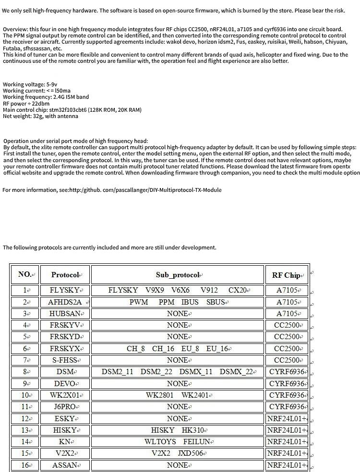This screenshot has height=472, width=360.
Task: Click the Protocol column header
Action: tap(65, 275)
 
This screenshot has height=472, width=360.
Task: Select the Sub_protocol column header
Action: tap(178, 275)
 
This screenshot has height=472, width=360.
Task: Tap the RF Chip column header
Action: tap(286, 275)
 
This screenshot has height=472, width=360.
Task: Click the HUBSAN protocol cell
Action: tap(65, 314)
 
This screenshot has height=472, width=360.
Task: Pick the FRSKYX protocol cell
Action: tap(65, 349)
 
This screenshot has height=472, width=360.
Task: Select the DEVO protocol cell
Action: tap(65, 384)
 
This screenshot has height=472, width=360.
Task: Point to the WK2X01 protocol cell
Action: tap(65, 395)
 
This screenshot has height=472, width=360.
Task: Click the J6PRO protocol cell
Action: tap(65, 407)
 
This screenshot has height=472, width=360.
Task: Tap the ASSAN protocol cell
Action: tap(65, 465)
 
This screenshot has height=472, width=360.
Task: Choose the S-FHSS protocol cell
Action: tap(65, 360)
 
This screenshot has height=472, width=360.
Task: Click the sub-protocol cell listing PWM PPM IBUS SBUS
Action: tap(178, 302)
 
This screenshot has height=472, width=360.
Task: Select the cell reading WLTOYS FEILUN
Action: tap(178, 442)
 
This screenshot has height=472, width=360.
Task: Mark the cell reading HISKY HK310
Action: tap(178, 430)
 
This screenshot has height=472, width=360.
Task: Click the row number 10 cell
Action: tap(25, 395)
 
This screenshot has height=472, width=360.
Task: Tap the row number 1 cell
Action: tap(25, 290)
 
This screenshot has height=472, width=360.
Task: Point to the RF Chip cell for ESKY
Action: tap(286, 419)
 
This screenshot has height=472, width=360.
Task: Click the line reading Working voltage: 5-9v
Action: tap(30, 84)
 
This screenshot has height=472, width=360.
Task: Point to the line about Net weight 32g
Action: tap(40, 116)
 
